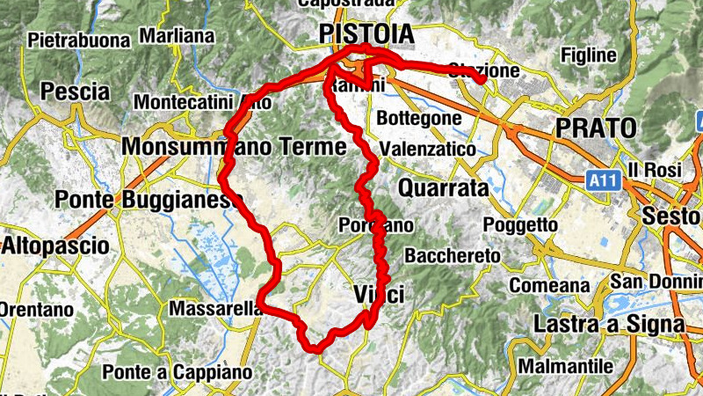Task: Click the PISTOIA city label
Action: (x=366, y=33)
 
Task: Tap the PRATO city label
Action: (x=596, y=128)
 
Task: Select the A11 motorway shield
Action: (x=601, y=180)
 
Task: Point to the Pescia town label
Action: (x=75, y=92)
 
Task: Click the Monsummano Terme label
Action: (x=236, y=147)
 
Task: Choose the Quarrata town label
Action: (x=443, y=188)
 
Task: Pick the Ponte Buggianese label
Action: (x=148, y=200)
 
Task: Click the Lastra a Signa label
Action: (x=609, y=324)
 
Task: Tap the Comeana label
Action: (x=549, y=285)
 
